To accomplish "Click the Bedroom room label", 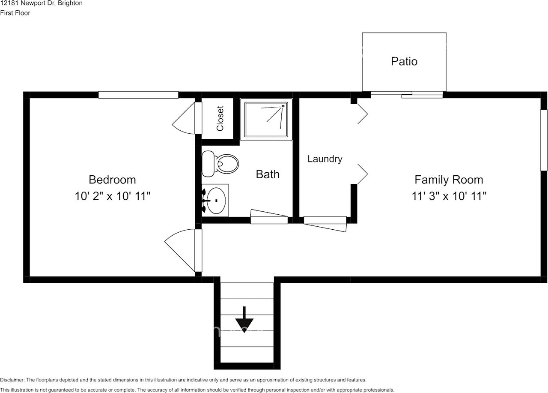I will tap(112, 180).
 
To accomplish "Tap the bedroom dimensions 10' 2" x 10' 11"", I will tap(112, 196).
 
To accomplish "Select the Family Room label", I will tap(449, 180).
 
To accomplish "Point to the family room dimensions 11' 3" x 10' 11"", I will tap(449, 196).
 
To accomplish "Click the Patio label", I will tap(404, 61).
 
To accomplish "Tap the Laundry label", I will tap(325, 159).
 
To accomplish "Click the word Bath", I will tap(268, 174).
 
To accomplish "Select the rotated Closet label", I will tap(220, 118).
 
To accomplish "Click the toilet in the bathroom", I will tap(220, 164).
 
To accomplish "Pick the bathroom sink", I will tap(215, 200).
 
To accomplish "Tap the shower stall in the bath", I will tap(266, 119).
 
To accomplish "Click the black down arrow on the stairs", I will tap(244, 318).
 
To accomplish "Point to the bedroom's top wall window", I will tap(138, 95).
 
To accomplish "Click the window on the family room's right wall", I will tap(544, 140).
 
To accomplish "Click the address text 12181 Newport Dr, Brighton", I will tap(42, 3).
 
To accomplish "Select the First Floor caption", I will tap(15, 13).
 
